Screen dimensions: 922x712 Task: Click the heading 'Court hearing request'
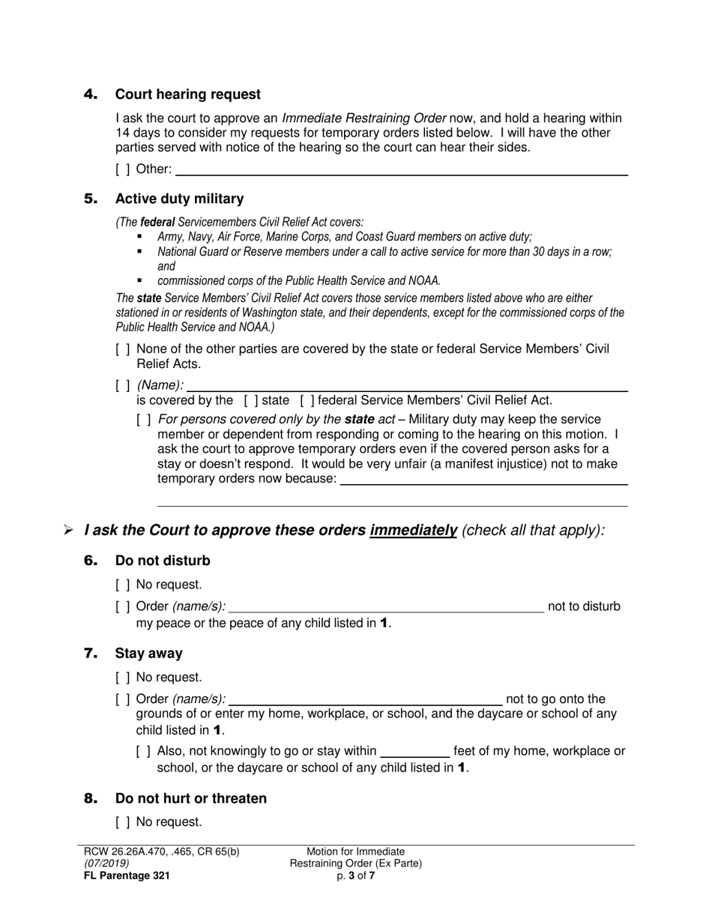[x=187, y=94]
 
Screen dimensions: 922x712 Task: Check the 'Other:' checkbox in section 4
[x=123, y=169]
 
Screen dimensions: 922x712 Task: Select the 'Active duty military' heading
[x=179, y=199]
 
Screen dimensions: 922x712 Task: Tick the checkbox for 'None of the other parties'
[x=123, y=349]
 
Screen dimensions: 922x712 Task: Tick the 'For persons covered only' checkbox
[x=144, y=420]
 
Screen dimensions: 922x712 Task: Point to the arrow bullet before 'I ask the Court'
[x=68, y=531]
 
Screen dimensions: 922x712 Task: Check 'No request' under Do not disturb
[x=123, y=585]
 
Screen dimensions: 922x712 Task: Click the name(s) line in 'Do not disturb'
[x=386, y=608]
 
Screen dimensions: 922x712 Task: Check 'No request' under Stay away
[x=123, y=678]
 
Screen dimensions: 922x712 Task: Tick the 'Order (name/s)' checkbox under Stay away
[x=123, y=699]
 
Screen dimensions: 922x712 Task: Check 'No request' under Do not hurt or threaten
[x=123, y=822]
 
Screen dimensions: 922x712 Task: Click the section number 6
[x=91, y=561]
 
